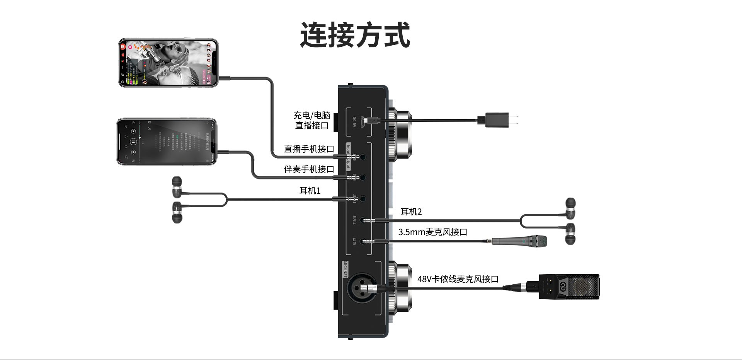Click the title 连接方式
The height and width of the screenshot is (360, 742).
click(x=355, y=35)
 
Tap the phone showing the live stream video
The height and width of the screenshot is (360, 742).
click(x=168, y=63)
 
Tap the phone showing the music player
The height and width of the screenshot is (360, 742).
click(x=167, y=142)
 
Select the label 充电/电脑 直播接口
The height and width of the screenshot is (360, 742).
click(x=311, y=120)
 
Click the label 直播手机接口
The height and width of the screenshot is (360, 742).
click(x=309, y=149)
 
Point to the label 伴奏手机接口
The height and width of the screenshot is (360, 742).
click(x=309, y=169)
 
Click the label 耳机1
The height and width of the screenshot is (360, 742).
click(x=310, y=191)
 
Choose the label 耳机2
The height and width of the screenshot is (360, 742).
click(x=411, y=212)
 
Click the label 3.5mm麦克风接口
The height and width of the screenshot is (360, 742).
click(x=432, y=232)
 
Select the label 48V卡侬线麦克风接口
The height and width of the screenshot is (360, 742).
click(x=458, y=279)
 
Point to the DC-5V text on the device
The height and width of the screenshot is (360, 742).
click(x=354, y=122)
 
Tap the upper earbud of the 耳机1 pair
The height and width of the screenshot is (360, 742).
click(x=177, y=187)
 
